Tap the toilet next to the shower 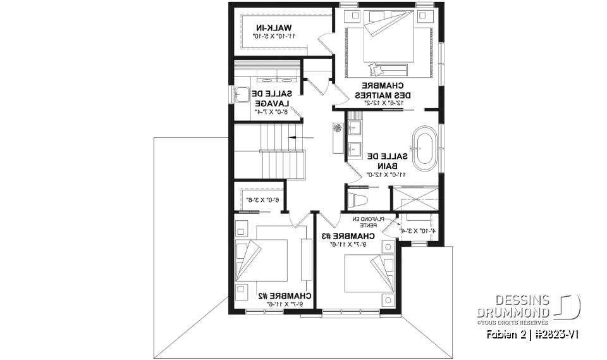click(359, 201)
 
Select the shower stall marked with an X click(415, 197)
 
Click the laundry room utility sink click(241, 96)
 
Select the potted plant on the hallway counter click(337, 128)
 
